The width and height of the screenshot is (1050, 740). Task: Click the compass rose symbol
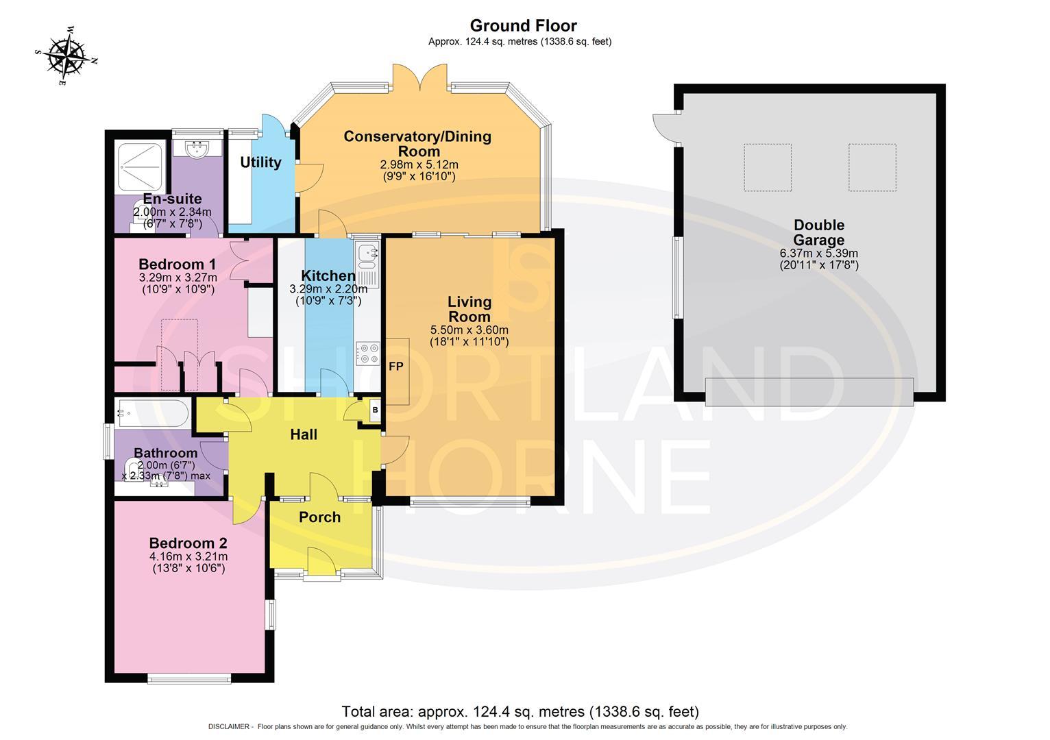point(66,56)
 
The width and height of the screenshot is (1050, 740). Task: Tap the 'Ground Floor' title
point(523,25)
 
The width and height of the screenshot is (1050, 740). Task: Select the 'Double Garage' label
point(818,232)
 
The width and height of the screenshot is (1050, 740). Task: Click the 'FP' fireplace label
point(395,366)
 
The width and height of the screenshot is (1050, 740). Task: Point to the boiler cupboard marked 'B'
point(374,410)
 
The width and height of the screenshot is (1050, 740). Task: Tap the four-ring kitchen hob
point(367,354)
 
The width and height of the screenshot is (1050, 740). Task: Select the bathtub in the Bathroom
point(153,413)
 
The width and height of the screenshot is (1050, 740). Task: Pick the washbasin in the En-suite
point(197,149)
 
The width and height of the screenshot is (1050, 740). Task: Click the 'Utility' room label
point(260,162)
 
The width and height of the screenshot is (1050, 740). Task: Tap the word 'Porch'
point(319,517)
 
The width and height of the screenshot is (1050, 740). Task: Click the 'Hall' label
point(304,434)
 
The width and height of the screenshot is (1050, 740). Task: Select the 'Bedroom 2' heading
point(188,543)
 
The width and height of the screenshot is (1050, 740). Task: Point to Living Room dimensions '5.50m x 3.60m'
point(469,330)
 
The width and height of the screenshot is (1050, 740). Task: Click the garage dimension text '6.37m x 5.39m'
point(819,253)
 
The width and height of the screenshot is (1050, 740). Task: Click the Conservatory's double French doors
point(420,77)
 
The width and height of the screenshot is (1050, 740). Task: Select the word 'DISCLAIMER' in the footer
point(229,727)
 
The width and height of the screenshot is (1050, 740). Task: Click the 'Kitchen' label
point(328,275)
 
